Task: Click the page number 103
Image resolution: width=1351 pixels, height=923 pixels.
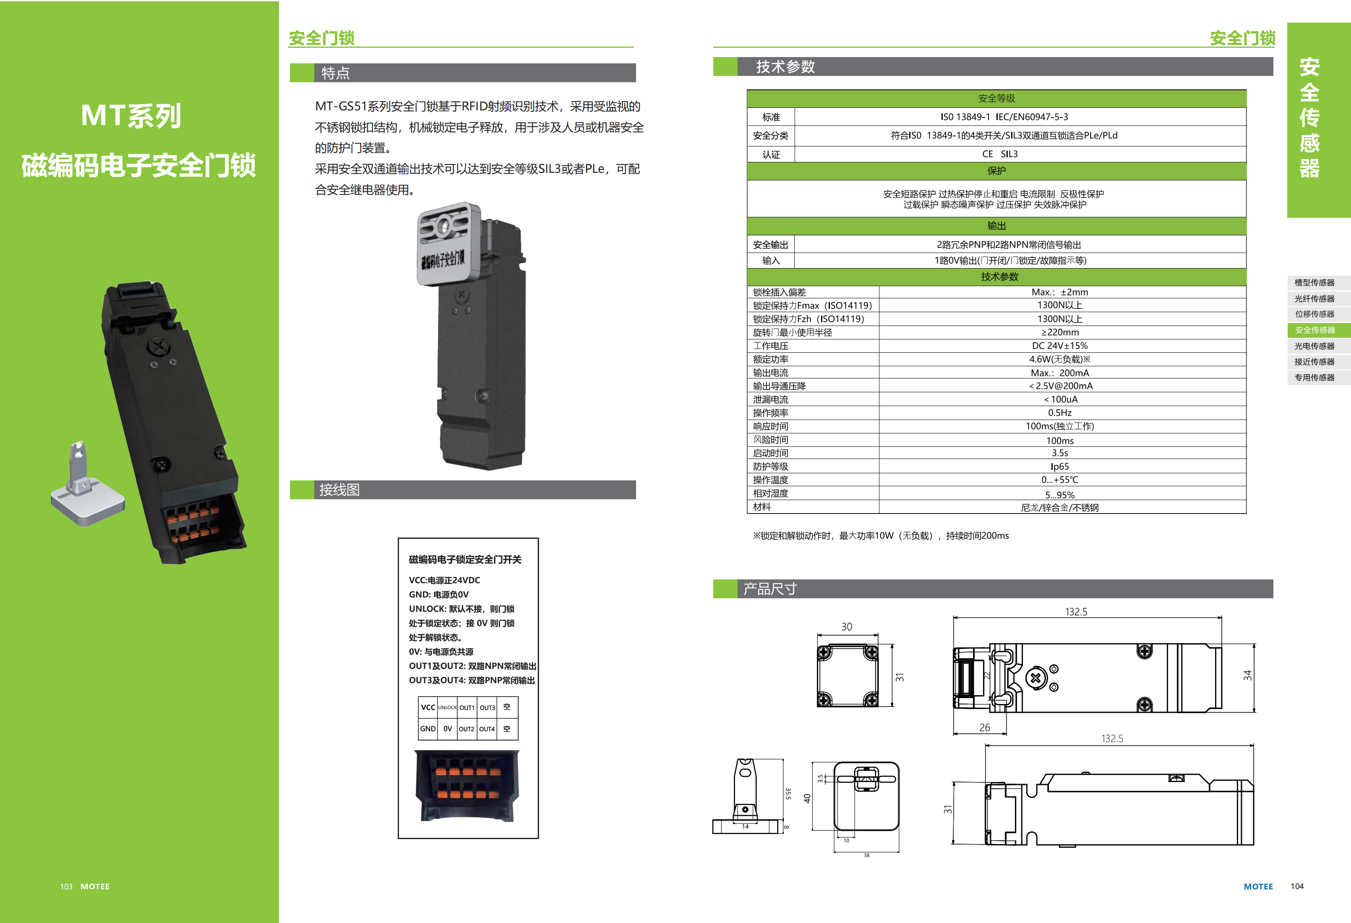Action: [66, 886]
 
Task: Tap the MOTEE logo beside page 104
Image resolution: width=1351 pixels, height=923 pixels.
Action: [1258, 886]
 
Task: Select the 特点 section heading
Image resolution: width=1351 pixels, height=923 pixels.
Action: [335, 73]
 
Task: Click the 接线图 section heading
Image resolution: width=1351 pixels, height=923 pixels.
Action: [339, 490]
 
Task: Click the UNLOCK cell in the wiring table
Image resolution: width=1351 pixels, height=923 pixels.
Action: [447, 707]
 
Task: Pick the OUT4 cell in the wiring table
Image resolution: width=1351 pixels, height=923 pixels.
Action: [487, 729]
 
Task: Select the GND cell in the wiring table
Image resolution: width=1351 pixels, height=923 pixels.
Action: [428, 729]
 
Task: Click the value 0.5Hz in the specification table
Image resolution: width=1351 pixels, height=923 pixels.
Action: [1059, 413]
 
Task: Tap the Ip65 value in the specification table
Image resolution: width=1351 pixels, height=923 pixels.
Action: [1059, 466]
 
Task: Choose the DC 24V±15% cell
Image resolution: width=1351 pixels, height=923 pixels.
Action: [1059, 346]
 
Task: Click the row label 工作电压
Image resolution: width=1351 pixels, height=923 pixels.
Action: [770, 346]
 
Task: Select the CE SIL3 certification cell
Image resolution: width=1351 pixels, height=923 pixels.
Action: [1000, 154]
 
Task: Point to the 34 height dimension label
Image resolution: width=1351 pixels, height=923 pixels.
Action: [1247, 675]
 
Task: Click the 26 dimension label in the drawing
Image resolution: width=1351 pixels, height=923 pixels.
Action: [984, 727]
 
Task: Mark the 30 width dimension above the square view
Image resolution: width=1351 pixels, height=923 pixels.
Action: [846, 626]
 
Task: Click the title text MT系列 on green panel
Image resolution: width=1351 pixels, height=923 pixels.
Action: [131, 116]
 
